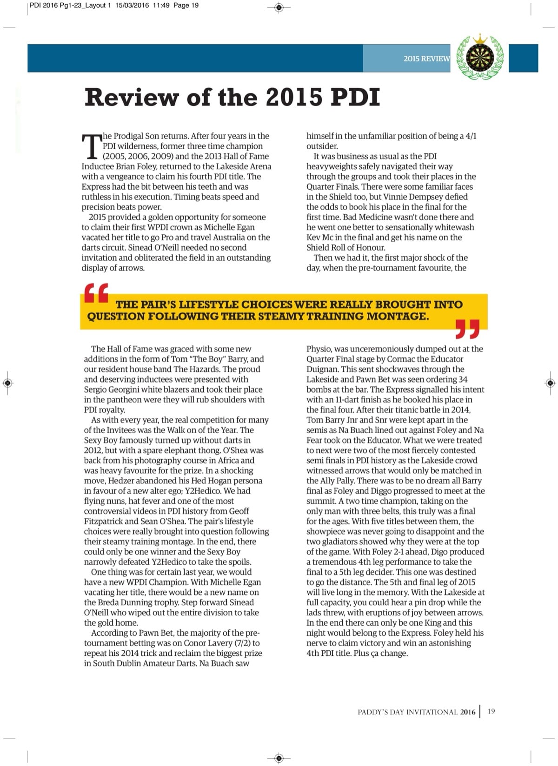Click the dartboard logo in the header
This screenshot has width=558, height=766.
(480, 58)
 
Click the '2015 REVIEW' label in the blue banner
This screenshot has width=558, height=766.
(426, 59)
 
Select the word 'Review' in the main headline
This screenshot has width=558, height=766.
(132, 97)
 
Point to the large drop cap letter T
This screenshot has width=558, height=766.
(91, 146)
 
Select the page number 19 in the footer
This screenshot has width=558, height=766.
(492, 711)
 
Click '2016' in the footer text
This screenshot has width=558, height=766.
(468, 712)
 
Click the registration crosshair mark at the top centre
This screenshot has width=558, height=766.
(279, 7)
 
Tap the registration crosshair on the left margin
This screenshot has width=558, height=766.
(7, 383)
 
